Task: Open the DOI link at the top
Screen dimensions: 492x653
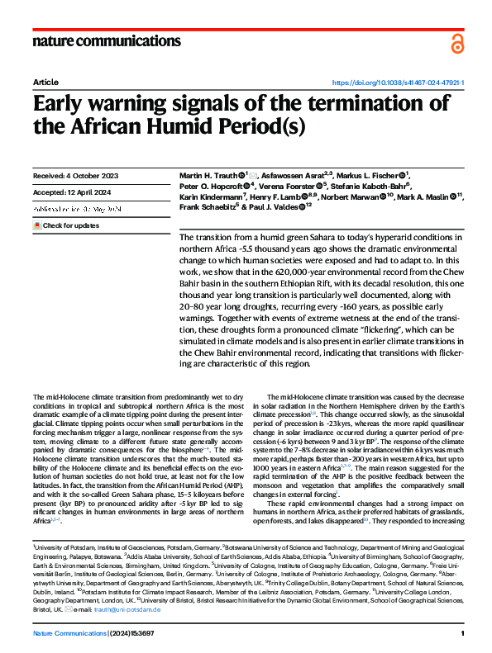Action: (x=398, y=83)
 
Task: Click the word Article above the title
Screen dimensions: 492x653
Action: (x=45, y=83)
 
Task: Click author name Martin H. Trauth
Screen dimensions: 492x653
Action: (x=208, y=177)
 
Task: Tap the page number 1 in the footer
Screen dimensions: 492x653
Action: (x=463, y=634)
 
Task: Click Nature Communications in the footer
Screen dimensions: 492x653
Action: (x=70, y=634)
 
